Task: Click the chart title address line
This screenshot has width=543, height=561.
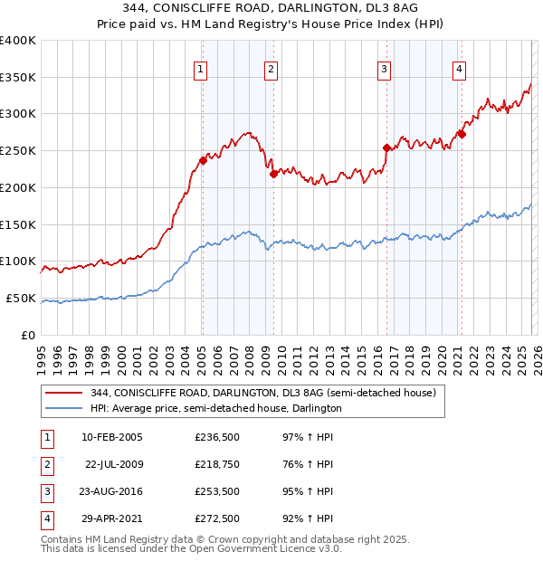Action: point(271,10)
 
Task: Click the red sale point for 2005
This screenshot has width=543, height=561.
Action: point(203,161)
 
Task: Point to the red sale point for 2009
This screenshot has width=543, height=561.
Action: point(273,174)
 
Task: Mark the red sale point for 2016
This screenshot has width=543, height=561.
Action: point(386,148)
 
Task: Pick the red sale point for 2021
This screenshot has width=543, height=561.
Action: point(462,134)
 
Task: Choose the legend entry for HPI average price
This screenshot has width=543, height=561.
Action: point(215,408)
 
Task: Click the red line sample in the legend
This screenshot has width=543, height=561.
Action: point(63,393)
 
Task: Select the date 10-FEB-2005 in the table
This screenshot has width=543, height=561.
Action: point(112,437)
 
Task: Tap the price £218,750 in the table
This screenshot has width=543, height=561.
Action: point(217,464)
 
